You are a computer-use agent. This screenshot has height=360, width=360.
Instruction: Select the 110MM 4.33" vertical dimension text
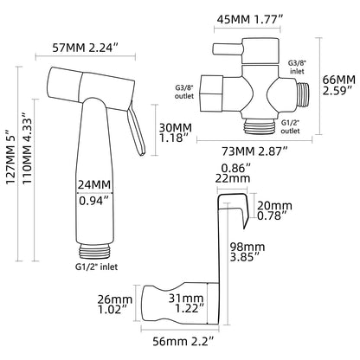(x=28, y=151)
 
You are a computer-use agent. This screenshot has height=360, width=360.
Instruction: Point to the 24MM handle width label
(x=94, y=184)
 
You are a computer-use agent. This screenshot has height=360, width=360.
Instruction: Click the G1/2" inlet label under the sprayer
(x=96, y=267)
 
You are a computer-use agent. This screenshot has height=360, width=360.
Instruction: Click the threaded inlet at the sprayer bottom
(x=94, y=251)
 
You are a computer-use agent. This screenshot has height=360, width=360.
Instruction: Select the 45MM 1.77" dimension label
(x=249, y=20)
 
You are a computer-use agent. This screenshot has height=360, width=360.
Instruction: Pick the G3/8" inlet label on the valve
(x=297, y=67)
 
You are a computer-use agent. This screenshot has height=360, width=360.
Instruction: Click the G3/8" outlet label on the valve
(x=184, y=91)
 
